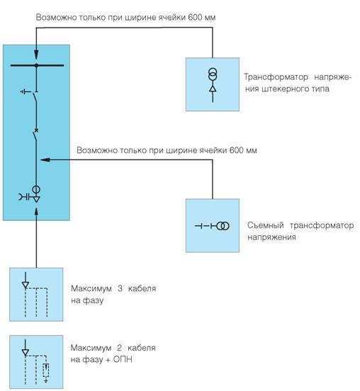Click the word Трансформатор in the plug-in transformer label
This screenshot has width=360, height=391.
click(x=276, y=77)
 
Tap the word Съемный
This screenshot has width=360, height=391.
click(x=266, y=225)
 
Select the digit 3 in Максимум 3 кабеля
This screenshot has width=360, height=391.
click(x=120, y=288)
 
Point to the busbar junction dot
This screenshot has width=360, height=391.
click(x=36, y=65)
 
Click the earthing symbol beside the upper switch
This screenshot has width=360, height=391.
click(x=26, y=92)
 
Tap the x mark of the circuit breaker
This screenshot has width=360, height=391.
click(x=36, y=130)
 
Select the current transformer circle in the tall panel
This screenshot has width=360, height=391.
click(x=36, y=190)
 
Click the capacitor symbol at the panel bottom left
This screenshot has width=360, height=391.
click(x=24, y=197)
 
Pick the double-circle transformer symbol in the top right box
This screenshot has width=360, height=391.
click(x=213, y=74)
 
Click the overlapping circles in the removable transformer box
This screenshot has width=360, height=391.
click(x=223, y=226)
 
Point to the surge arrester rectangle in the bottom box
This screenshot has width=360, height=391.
click(x=45, y=370)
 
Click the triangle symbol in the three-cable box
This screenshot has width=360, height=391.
click(x=26, y=285)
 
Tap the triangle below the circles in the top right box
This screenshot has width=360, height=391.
click(x=213, y=89)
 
